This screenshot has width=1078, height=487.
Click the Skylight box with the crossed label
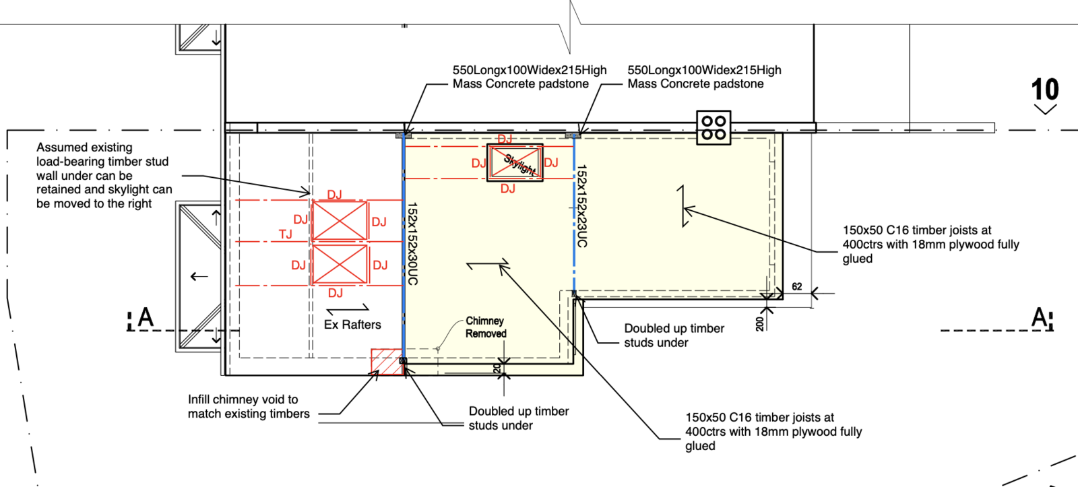click(x=515, y=162)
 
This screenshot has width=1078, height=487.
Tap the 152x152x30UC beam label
click(x=412, y=244)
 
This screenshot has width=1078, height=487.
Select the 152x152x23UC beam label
click(x=582, y=206)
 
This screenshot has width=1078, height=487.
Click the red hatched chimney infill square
click(x=387, y=362)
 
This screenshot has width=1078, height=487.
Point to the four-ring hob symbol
click(x=714, y=127)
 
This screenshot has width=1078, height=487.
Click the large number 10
click(x=1045, y=90)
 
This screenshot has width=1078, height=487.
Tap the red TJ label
click(x=286, y=234)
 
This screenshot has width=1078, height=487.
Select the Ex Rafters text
click(x=352, y=325)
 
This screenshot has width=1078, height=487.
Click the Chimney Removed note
click(x=486, y=327)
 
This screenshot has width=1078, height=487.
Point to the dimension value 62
click(x=797, y=287)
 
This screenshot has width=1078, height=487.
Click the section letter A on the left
click(x=146, y=318)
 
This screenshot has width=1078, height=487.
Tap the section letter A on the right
click(x=1040, y=318)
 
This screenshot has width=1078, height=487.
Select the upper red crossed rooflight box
click(x=340, y=220)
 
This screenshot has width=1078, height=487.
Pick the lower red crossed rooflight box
click(x=340, y=265)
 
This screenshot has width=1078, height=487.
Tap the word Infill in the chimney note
click(x=199, y=399)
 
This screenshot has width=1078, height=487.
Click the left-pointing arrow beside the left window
click(x=199, y=277)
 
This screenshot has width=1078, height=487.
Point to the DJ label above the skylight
click(x=505, y=139)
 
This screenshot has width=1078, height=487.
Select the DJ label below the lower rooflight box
click(x=336, y=293)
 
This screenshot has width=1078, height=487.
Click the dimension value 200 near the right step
click(x=760, y=324)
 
